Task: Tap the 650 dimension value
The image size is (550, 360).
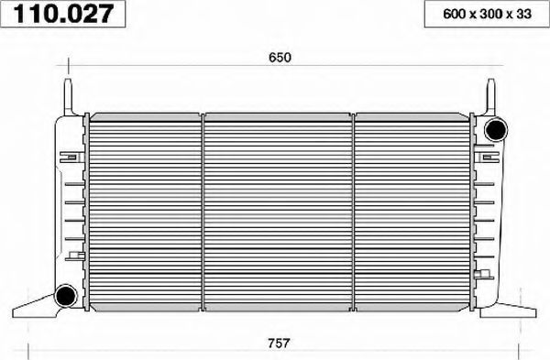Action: point(280,58)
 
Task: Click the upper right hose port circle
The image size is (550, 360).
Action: point(496,126)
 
